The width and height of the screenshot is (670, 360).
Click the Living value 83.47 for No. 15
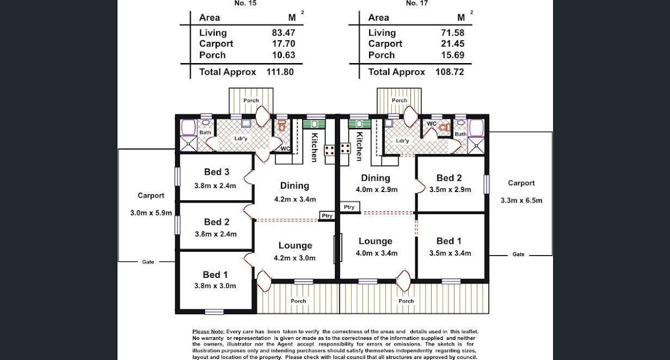pos(283,32)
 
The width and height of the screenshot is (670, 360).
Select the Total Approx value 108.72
pos(449,72)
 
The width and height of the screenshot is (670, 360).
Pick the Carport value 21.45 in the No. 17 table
pos(453,44)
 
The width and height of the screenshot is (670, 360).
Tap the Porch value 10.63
pos(283,55)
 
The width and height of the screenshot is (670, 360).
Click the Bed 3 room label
pos(217,172)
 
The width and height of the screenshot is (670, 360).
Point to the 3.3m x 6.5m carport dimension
pos(521,200)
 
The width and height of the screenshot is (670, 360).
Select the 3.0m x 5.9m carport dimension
pos(151,213)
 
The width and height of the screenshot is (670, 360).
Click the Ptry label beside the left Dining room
pos(327,215)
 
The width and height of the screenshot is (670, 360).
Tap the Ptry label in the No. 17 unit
pos(349,207)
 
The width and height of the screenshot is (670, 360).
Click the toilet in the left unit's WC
pos(282,126)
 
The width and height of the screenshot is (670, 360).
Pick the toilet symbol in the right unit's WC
pos(445,128)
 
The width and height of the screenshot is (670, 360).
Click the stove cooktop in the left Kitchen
pos(329,150)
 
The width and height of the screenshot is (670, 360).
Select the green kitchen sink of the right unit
pos(359,124)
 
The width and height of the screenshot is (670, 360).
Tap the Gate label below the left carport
pos(148,262)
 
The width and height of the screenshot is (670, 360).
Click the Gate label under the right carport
pos(518,255)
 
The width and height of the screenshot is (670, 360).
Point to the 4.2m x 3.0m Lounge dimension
pos(295,258)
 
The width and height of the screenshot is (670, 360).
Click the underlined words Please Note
pos(208,332)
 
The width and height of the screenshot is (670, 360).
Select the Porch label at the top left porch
pos(251,100)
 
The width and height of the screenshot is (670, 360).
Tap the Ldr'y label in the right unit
pos(403,141)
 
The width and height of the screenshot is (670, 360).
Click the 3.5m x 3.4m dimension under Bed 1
pos(450,253)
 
